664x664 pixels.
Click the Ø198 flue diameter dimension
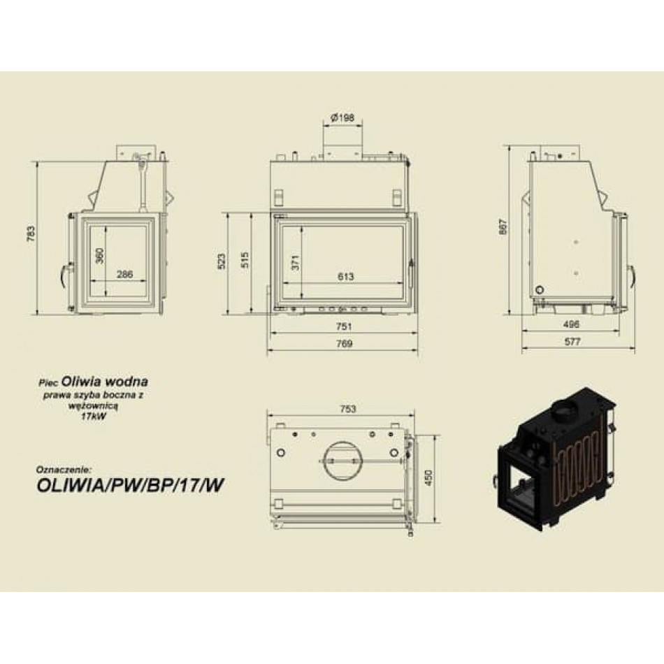[x=342, y=117]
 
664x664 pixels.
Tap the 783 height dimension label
[x=31, y=233]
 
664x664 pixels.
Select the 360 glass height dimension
[x=99, y=256]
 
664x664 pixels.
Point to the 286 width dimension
[x=125, y=274]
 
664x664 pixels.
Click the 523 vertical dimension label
[x=222, y=261]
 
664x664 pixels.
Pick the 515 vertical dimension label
[x=245, y=260]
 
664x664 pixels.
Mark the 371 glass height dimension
[x=296, y=263]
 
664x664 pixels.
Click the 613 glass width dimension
[x=345, y=277]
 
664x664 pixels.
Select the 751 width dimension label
[x=344, y=326]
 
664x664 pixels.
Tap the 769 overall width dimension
[x=344, y=343]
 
